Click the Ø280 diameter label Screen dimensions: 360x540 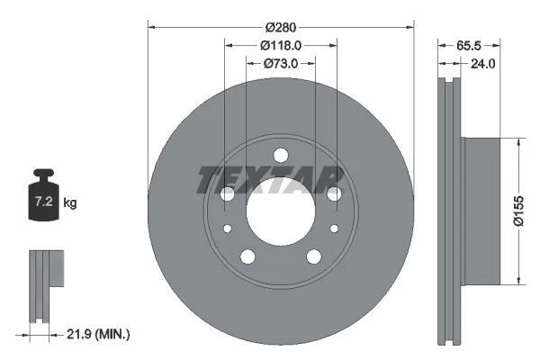click(280, 25)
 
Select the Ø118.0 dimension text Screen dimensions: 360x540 click(280, 45)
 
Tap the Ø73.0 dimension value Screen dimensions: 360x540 click(280, 63)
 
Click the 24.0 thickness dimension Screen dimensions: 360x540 click(482, 63)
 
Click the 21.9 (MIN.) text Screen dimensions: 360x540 click(100, 335)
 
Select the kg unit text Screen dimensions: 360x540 click(70, 203)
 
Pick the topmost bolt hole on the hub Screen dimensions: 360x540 click(279, 154)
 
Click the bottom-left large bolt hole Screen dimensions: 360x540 click(246, 257)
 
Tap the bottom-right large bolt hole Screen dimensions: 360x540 click(313, 257)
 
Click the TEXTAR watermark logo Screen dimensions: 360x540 click(270, 180)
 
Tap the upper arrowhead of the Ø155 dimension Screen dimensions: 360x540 click(518, 142)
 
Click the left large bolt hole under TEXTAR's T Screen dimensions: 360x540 click(227, 193)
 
